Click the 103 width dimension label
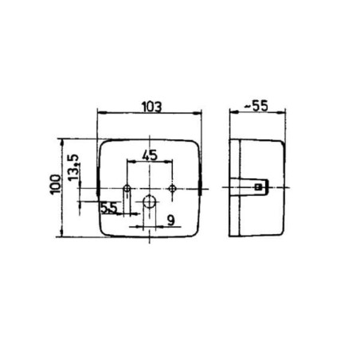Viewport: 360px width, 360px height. click(x=152, y=107)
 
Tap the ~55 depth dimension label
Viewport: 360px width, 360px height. click(x=256, y=106)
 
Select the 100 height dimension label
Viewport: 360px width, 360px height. click(x=55, y=185)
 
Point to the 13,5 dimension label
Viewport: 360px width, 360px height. click(x=73, y=167)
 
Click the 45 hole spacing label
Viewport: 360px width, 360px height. click(x=150, y=155)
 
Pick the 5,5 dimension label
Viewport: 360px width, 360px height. click(x=109, y=208)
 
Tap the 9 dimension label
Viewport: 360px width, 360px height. click(x=171, y=220)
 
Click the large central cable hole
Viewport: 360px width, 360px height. click(x=150, y=202)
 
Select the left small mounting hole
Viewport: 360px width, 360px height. click(x=127, y=189)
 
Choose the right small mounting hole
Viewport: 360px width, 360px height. click(x=172, y=189)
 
